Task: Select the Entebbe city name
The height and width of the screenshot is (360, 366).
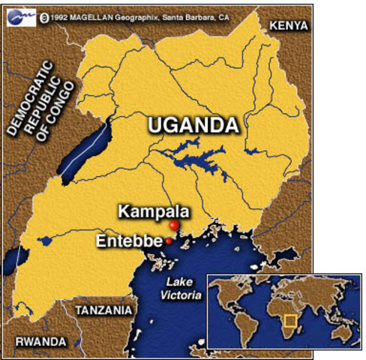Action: [129, 241]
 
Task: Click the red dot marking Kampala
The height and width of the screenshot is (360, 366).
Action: [174, 225]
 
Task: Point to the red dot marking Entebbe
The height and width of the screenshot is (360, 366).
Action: [169, 241]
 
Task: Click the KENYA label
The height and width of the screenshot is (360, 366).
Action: [287, 25]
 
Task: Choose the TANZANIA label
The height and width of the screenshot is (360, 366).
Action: [103, 310]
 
